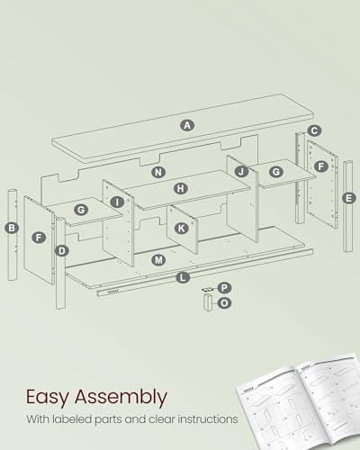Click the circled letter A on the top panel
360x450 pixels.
click(187, 125)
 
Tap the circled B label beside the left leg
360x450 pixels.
click(12, 228)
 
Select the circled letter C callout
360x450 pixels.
click(313, 130)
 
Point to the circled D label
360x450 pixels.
click(61, 250)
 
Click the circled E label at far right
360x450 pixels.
click(349, 197)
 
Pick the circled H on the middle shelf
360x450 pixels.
click(181, 189)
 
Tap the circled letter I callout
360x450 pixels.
click(118, 202)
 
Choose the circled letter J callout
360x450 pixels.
click(241, 171)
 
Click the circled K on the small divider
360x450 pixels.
click(182, 228)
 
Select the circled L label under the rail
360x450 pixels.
click(183, 278)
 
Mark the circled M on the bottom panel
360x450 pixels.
click(158, 259)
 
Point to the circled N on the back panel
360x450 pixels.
click(158, 171)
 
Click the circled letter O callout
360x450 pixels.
click(224, 303)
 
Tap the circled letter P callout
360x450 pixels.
click(224, 288)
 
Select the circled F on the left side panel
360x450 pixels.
click(38, 238)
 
